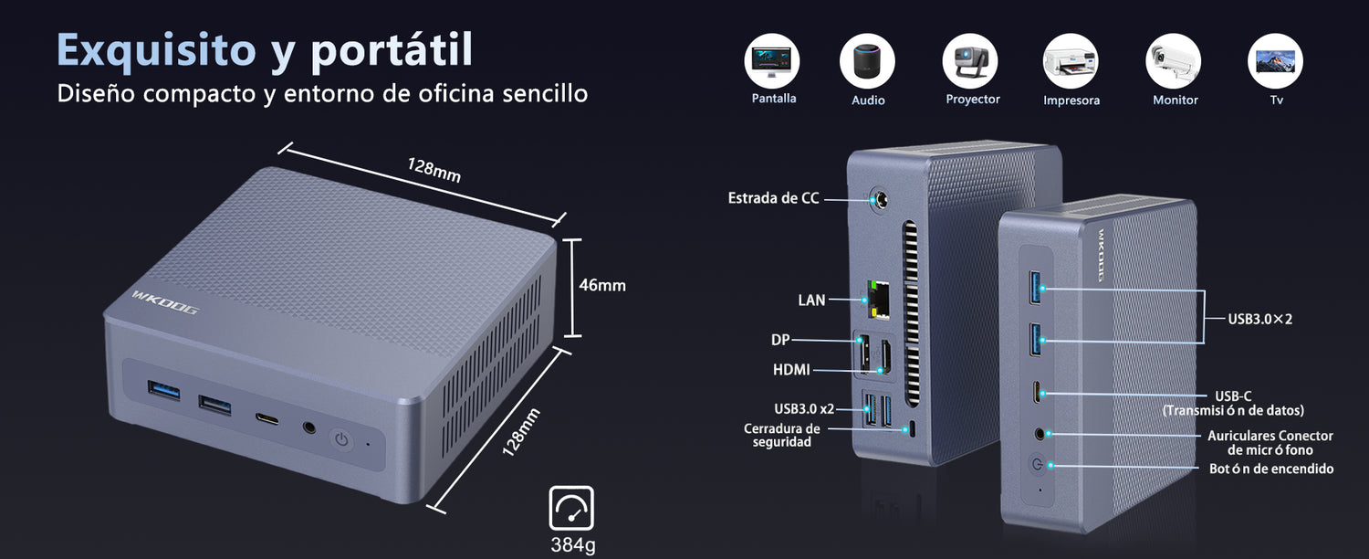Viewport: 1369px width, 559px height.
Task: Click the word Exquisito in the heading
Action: [x=156, y=49]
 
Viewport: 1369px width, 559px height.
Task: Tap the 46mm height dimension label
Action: [x=602, y=285]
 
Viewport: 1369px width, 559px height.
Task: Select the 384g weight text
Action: [x=572, y=543]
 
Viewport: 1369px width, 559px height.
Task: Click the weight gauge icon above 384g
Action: [x=571, y=508]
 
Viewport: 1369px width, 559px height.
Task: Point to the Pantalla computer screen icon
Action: [x=772, y=61]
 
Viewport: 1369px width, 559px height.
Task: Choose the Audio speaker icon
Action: [x=867, y=61]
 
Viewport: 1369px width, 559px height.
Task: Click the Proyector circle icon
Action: [x=970, y=61]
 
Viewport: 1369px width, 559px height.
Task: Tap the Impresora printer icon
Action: [x=1071, y=61]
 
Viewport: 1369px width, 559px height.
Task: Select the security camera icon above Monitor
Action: [x=1174, y=61]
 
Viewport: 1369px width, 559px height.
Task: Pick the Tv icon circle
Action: [x=1276, y=61]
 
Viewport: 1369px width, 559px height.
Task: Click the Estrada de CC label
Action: [x=773, y=198]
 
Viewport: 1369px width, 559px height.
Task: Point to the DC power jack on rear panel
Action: [x=880, y=199]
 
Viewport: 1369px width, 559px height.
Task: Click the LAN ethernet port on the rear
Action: [x=878, y=300]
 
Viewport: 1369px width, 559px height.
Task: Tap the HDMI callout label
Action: [x=791, y=369]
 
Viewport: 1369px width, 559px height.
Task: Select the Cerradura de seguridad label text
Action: [x=781, y=435]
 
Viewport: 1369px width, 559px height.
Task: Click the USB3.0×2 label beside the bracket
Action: [x=1260, y=319]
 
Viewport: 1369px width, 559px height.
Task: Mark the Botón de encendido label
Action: [x=1271, y=469]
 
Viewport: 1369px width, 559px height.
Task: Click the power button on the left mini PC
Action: [x=341, y=439]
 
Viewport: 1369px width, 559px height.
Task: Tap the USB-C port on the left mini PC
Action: [x=267, y=419]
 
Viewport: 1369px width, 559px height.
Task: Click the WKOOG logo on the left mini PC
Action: [x=165, y=302]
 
